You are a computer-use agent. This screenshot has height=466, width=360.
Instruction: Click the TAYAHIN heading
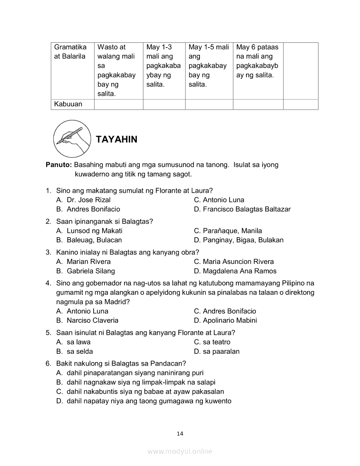(116, 139)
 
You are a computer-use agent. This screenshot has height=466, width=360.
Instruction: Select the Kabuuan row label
(68, 104)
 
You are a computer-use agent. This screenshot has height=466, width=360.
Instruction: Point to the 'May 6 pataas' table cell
(258, 61)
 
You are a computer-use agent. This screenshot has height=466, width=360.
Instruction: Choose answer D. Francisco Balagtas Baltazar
(242, 209)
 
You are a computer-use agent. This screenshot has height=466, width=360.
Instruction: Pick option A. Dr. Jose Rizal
(83, 200)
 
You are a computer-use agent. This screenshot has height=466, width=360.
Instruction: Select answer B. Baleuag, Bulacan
(89, 240)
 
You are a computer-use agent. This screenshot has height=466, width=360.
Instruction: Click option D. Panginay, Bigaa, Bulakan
(238, 240)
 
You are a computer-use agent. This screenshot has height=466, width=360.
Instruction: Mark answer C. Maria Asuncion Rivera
(234, 261)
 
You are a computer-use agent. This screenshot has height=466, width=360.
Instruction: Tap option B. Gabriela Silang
(86, 271)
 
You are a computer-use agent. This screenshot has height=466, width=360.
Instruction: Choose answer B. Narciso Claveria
(87, 320)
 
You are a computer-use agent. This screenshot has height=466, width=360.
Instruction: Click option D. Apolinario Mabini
(225, 320)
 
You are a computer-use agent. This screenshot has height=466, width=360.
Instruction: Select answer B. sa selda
(75, 351)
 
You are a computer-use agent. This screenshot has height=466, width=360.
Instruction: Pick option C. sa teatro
(212, 342)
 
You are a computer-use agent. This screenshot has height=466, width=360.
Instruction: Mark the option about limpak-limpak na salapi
(136, 382)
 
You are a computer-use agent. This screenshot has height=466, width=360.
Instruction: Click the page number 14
(180, 433)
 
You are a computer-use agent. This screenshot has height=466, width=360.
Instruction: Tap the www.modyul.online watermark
(180, 451)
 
